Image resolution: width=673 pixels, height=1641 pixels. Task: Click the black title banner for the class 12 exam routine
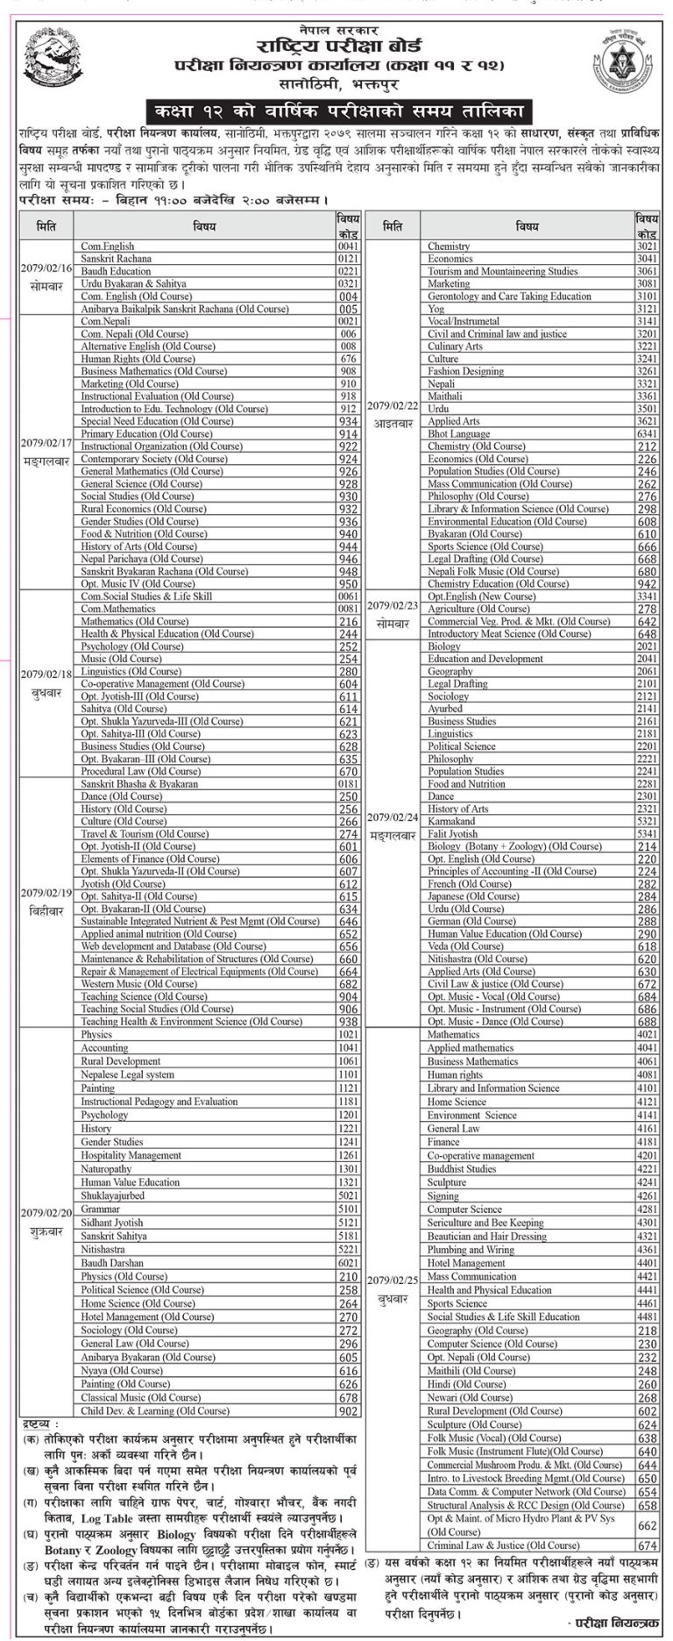pyautogui.click(x=336, y=111)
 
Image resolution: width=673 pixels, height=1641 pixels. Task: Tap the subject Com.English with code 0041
pyautogui.click(x=108, y=246)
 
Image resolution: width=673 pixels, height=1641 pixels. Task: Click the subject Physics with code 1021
pyautogui.click(x=96, y=1035)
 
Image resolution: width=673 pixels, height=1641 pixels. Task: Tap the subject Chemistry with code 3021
pyautogui.click(x=449, y=246)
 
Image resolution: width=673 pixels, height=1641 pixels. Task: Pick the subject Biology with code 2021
pyautogui.click(x=444, y=646)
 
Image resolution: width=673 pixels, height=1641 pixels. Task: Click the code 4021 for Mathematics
pyautogui.click(x=647, y=1035)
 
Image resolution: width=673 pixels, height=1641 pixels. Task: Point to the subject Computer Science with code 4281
pyautogui.click(x=464, y=1209)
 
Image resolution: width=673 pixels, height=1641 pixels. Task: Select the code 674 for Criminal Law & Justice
pyautogui.click(x=647, y=1545)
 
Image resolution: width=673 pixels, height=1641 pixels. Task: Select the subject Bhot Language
pyautogui.click(x=458, y=434)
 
